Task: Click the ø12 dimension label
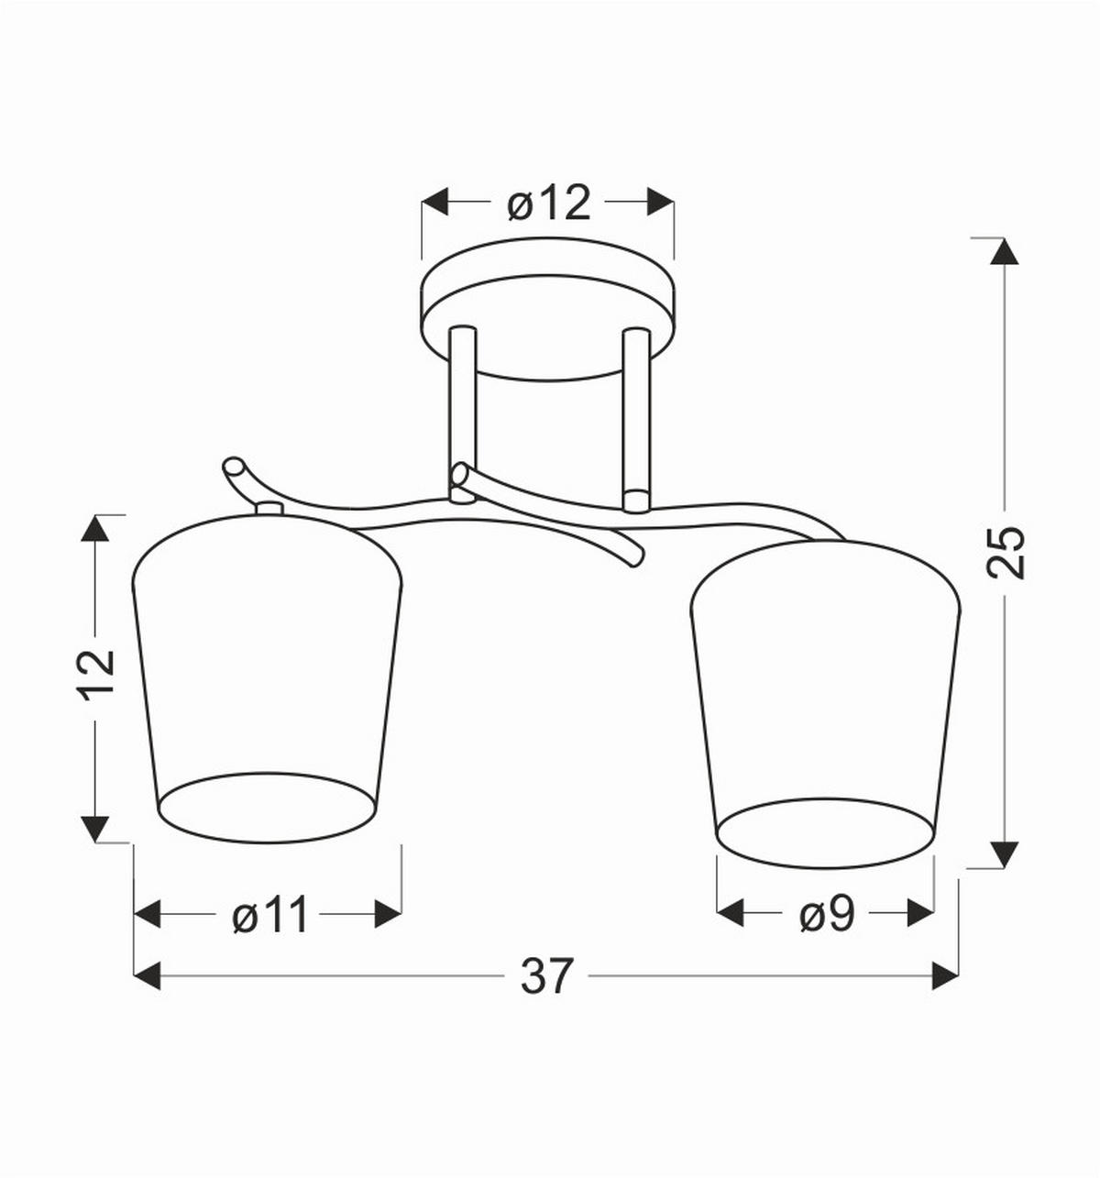pyautogui.click(x=549, y=203)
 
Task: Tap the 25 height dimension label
pyautogui.click(x=1005, y=552)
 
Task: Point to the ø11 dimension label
pyautogui.click(x=269, y=915)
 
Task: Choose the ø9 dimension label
pyautogui.click(x=827, y=914)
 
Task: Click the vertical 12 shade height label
pyautogui.click(x=98, y=677)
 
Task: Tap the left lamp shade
pyautogui.click(x=267, y=677)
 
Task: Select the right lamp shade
pyautogui.click(x=825, y=703)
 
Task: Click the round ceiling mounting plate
pyautogui.click(x=547, y=308)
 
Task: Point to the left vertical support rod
pyautogui.click(x=463, y=414)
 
